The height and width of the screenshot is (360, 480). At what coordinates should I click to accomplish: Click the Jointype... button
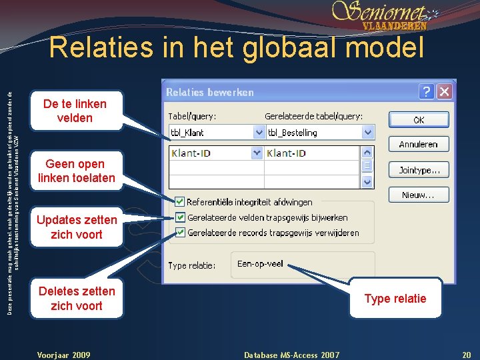(419, 170)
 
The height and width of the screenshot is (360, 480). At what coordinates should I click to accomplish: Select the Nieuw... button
(419, 195)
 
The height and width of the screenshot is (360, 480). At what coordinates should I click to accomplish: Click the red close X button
(445, 91)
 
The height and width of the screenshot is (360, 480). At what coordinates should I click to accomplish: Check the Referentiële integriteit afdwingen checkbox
(179, 201)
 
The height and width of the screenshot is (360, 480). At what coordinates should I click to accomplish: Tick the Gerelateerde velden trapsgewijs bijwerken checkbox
(179, 217)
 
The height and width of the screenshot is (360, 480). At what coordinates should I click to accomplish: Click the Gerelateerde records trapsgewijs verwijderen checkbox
(179, 232)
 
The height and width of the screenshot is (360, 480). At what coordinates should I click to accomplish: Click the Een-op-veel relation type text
(260, 263)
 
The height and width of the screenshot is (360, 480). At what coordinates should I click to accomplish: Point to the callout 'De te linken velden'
(75, 111)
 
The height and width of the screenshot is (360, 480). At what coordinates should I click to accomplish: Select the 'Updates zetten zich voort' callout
(76, 227)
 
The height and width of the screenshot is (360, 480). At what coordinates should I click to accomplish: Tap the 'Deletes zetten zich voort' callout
(76, 298)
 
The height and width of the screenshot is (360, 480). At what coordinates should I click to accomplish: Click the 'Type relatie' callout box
(395, 298)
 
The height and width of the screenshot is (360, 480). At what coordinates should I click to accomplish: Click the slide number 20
(467, 355)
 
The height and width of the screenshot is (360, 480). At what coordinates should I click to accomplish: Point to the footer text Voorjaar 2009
(64, 355)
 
